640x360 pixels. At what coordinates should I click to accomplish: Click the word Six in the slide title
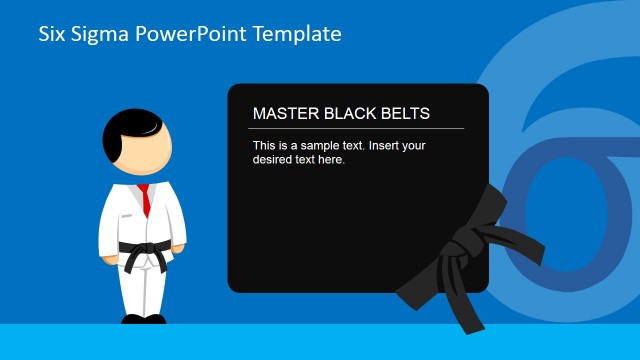click(x=52, y=34)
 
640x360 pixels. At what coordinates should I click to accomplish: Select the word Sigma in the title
click(x=99, y=35)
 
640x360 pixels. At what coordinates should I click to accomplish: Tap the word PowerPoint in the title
click(x=187, y=35)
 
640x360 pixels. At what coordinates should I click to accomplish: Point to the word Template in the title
click(x=298, y=35)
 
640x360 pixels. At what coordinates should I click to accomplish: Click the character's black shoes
click(x=143, y=320)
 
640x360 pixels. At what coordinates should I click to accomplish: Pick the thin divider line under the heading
click(x=356, y=128)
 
